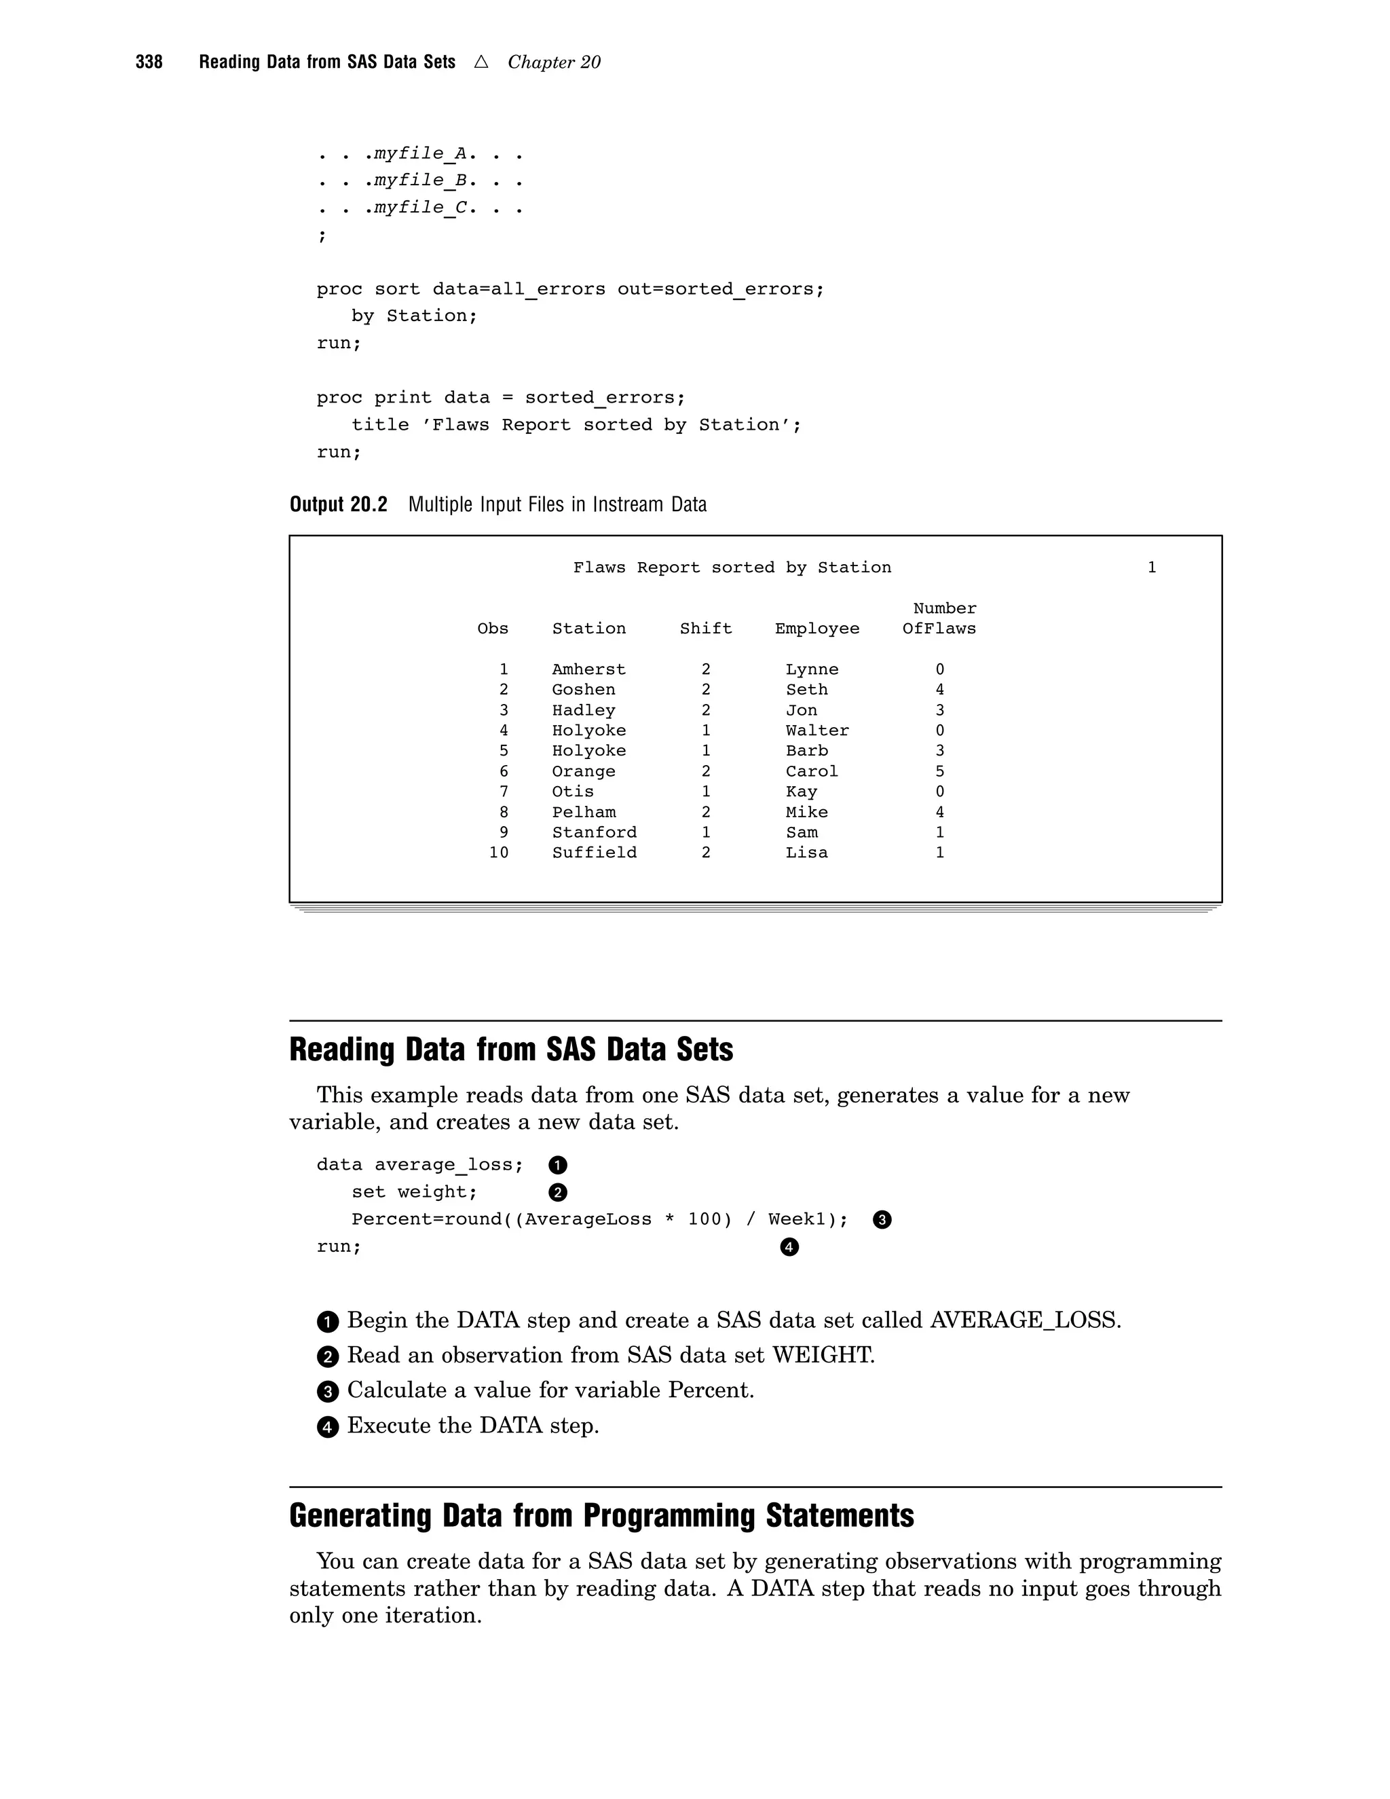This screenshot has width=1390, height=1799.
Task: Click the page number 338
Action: pos(149,62)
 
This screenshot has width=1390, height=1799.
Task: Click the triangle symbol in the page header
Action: pos(482,62)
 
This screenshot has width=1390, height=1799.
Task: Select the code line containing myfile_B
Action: pos(420,181)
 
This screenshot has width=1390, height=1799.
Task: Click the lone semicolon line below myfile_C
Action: pos(322,236)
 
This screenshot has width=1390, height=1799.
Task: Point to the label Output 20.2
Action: pos(339,505)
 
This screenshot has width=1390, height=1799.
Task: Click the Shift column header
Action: pos(706,629)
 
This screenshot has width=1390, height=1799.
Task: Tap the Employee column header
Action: pos(817,629)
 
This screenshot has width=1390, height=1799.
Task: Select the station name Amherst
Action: pos(588,669)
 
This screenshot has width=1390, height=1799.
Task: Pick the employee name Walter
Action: pos(817,730)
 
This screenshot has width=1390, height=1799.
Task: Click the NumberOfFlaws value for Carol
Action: pos(939,771)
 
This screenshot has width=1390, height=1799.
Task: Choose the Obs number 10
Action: pos(498,853)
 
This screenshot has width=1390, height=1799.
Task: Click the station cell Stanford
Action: pos(594,832)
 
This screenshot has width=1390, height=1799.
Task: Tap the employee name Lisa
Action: pos(806,853)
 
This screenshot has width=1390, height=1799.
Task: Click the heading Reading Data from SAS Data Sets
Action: pos(511,1050)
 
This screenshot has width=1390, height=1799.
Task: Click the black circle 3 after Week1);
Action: pos(882,1220)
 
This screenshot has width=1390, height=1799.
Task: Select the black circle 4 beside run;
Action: pos(789,1247)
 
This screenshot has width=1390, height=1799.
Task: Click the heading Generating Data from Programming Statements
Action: pos(601,1517)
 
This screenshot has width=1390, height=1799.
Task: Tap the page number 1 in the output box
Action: pos(1152,568)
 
